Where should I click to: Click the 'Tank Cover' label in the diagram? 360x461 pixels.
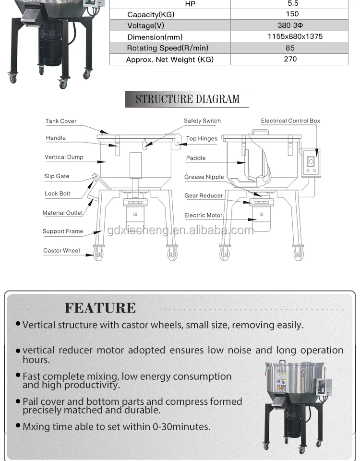(61, 121)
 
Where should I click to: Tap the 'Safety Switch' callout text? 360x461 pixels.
(202, 121)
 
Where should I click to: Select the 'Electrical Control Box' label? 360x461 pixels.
(290, 121)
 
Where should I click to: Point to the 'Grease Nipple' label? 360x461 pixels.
(204, 177)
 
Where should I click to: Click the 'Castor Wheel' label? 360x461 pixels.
(61, 251)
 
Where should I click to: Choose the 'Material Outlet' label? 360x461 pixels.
(62, 213)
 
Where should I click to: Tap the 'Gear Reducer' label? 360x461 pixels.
(204, 196)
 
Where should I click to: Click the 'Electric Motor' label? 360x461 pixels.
(203, 216)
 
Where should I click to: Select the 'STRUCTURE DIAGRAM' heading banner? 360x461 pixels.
(187, 99)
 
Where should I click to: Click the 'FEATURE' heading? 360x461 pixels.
(100, 308)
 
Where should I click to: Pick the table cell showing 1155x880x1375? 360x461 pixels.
(289, 36)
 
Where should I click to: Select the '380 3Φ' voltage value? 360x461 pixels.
(289, 25)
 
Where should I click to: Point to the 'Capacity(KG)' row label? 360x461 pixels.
(151, 14)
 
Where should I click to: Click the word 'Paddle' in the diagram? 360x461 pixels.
(196, 158)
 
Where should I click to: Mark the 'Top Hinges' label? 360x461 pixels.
(202, 139)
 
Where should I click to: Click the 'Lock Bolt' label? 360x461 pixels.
(58, 194)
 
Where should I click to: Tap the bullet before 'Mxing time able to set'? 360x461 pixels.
(18, 425)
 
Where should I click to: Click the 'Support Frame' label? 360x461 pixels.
(63, 231)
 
